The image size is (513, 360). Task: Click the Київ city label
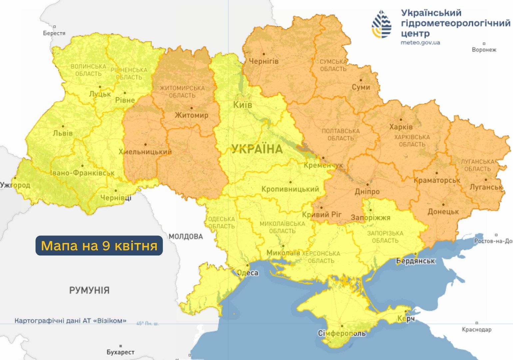pyautogui.click(x=242, y=105)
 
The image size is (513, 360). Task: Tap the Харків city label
pyautogui.click(x=401, y=127)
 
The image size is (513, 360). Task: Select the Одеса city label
pyautogui.click(x=248, y=273)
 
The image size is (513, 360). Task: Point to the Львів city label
pyautogui.click(x=63, y=133)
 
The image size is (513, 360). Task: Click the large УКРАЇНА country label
pyautogui.click(x=257, y=149)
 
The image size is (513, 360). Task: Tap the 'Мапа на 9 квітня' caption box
pyautogui.click(x=99, y=246)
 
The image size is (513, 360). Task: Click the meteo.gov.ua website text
pyautogui.click(x=420, y=43)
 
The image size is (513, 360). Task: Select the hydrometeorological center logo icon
pyautogui.click(x=382, y=24)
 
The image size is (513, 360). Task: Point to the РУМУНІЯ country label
pyautogui.click(x=89, y=290)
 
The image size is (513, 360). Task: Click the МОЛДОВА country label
pyautogui.click(x=186, y=237)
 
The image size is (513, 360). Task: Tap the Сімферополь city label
pyautogui.click(x=342, y=333)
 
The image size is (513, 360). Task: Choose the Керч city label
pyautogui.click(x=406, y=319)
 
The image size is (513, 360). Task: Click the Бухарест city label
pyautogui.click(x=120, y=352)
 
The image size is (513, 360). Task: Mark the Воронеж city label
pyautogui.click(x=484, y=50)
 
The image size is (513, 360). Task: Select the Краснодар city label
pyautogui.click(x=476, y=330)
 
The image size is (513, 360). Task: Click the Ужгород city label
pyautogui.click(x=15, y=185)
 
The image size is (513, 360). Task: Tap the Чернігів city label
pyautogui.click(x=263, y=61)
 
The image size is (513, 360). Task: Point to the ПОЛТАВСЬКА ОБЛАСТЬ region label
pyautogui.click(x=340, y=135)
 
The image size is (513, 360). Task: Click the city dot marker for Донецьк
pyautogui.click(x=443, y=205)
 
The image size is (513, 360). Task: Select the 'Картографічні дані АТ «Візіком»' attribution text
pyautogui.click(x=70, y=321)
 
